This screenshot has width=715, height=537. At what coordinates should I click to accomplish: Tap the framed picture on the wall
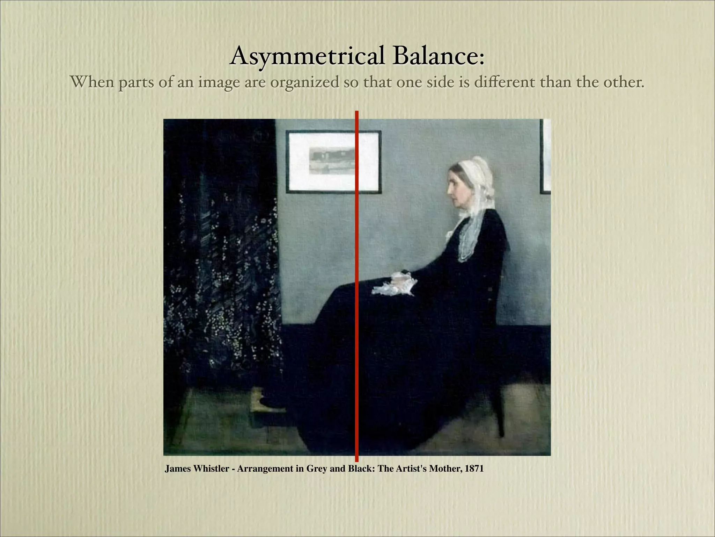click(x=333, y=162)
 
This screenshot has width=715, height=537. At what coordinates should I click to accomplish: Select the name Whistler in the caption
click(x=211, y=469)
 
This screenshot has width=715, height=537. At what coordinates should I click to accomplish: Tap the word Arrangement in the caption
click(x=266, y=469)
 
